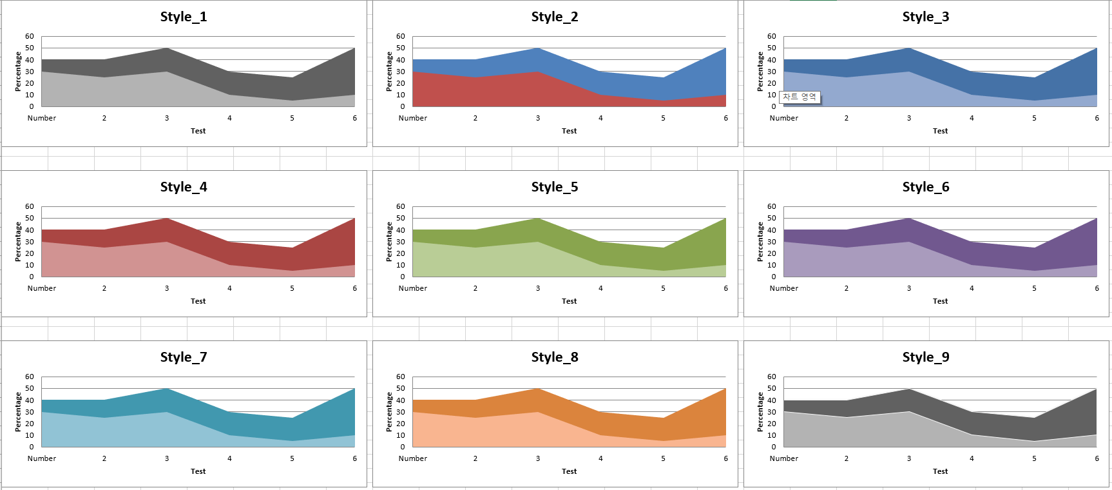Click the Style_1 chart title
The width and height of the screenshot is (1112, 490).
coord(184,17)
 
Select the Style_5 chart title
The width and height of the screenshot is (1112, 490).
coord(555,187)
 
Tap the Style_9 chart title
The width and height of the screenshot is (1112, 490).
coord(926,357)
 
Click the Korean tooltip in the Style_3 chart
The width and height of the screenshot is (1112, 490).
coord(800,97)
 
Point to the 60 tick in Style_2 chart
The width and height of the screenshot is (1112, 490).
coord(401,36)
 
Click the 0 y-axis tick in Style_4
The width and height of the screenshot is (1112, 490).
coord(32,277)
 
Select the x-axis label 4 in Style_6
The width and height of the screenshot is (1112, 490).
coord(972,288)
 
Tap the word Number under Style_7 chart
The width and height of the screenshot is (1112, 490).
coord(42,458)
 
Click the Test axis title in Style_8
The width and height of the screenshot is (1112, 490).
coord(569,471)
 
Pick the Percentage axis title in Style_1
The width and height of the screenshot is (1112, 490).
coord(18,72)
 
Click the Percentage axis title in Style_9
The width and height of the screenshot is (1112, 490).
coord(760,412)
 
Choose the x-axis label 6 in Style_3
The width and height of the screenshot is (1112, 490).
coord(1097,118)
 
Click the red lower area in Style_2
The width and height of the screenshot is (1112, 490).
coord(490,93)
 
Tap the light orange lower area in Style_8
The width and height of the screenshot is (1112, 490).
coord(490,432)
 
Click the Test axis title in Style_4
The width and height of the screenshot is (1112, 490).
coord(198,301)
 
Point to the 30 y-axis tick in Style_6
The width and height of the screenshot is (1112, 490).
coord(772,242)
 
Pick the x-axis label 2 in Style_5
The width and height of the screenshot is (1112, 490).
coord(475,288)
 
